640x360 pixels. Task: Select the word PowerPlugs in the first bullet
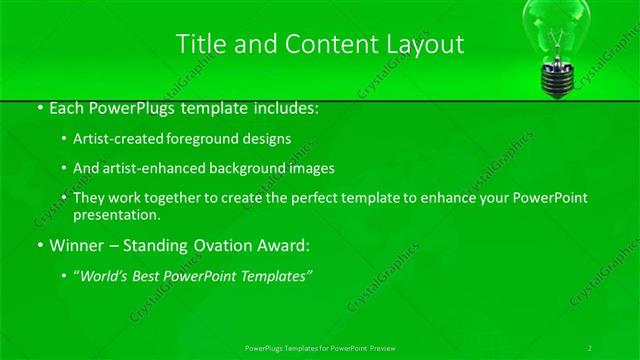126,106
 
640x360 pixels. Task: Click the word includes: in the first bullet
283,106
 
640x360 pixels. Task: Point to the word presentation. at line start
117,215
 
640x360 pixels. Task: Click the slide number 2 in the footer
591,347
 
